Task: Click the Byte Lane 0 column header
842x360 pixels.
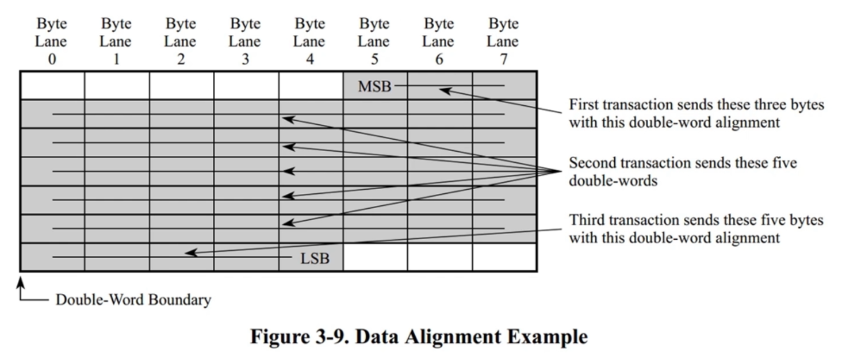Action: (x=52, y=41)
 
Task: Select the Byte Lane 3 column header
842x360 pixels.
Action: (x=245, y=41)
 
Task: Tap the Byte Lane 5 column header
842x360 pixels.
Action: (x=374, y=41)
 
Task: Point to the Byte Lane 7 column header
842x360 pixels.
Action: (x=503, y=41)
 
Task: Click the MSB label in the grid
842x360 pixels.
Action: (x=374, y=86)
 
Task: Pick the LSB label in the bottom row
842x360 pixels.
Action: (x=315, y=258)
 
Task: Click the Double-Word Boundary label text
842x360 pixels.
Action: (x=133, y=300)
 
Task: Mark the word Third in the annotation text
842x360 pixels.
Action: (x=585, y=220)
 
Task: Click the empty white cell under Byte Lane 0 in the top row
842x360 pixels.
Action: (x=52, y=85)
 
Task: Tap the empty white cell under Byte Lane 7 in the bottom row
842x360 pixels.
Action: (x=504, y=257)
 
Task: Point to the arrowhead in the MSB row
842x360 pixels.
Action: (x=444, y=90)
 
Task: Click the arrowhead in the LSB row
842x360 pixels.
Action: (x=189, y=252)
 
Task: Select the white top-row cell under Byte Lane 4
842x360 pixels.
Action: (x=311, y=85)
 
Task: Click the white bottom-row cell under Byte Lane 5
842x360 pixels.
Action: (x=375, y=257)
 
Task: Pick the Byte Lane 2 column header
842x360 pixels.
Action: (x=181, y=41)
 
